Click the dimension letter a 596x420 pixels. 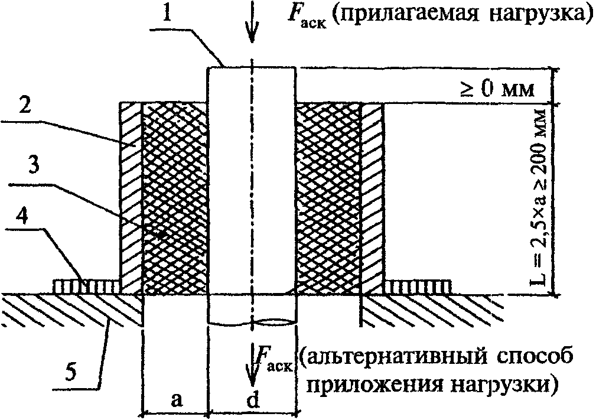(175, 400)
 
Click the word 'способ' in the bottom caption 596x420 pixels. (534, 359)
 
